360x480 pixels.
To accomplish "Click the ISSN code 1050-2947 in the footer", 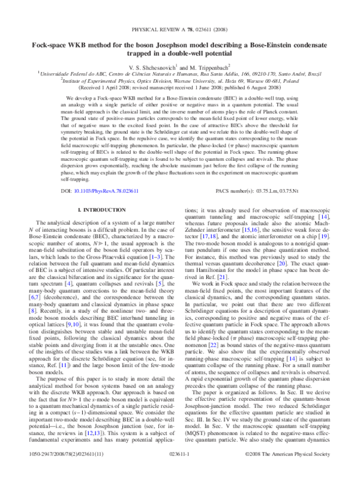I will (42, 472).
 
